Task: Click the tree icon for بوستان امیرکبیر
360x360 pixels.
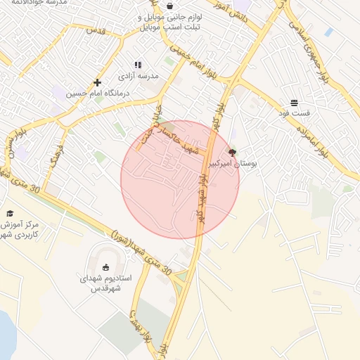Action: coord(233,152)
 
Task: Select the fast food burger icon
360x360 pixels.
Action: coord(293,103)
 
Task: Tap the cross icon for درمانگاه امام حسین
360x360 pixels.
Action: coord(97,82)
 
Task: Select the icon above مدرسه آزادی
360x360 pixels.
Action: coord(138,65)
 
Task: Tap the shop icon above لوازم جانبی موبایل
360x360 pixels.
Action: coord(169,5)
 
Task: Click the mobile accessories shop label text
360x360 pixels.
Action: coord(169,21)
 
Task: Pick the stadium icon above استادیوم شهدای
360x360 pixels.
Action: coord(106,267)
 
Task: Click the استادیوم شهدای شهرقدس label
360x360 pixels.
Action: coord(105,283)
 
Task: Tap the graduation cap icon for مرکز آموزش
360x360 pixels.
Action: coord(10,213)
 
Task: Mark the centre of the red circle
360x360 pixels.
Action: coord(180,180)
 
